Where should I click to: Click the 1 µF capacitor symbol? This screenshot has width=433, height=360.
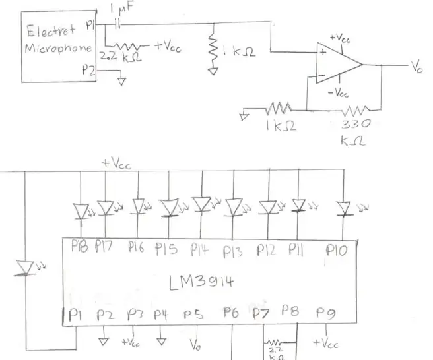118,24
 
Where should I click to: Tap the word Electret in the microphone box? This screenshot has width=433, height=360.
51,30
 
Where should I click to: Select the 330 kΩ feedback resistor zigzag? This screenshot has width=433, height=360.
355,110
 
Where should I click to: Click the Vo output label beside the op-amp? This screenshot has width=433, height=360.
417,67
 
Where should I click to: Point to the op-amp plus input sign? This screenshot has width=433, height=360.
323,52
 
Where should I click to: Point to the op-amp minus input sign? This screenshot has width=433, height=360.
321,75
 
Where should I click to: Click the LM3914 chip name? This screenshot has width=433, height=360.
201,282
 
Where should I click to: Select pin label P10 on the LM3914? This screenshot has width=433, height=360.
337,250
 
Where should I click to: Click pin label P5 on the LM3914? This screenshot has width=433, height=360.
193,315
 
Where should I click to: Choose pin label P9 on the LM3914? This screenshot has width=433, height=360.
326,313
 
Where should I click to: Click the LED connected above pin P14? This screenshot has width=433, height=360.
203,204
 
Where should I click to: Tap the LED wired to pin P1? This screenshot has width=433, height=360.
25,268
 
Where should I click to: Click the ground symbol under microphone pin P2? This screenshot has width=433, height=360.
121,81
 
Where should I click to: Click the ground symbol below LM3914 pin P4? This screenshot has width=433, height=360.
161,342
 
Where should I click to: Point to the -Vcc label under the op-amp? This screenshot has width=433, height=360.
338,93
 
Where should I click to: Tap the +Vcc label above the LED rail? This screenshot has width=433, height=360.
116,164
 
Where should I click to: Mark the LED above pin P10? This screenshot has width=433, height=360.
344,208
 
